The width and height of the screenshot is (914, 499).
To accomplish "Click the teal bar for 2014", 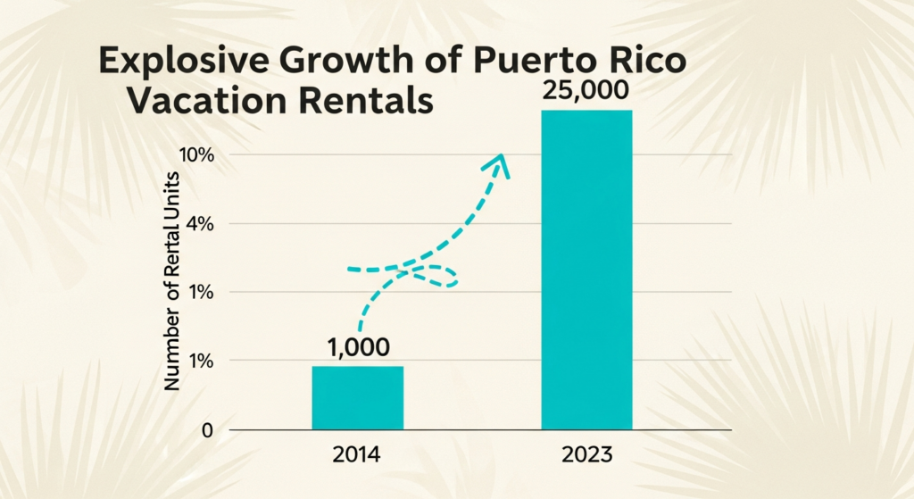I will (357, 397).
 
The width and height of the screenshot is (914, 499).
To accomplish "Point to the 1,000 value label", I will (358, 347).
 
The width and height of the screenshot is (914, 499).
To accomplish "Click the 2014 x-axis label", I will (357, 454).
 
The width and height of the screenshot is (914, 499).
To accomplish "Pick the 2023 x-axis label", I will (587, 454).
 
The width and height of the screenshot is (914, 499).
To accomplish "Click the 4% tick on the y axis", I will (201, 224).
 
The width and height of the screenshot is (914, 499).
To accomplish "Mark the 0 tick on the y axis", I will (207, 430).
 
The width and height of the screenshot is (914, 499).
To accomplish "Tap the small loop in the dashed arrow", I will (437, 276).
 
